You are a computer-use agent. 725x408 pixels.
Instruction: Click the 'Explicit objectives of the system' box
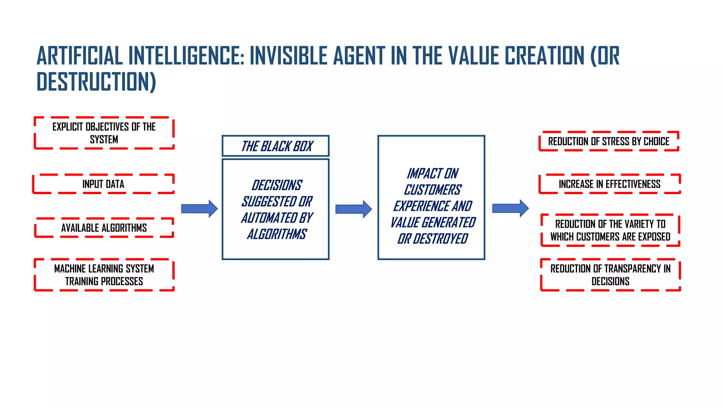pos(104,133)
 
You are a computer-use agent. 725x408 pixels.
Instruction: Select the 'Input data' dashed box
pos(103,184)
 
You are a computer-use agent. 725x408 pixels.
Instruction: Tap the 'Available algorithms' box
pos(104,228)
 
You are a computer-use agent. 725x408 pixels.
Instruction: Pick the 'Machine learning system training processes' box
pos(104,275)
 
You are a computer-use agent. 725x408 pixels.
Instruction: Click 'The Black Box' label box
pos(276,146)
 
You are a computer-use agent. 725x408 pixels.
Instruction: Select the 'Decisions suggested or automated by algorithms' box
pos(276,209)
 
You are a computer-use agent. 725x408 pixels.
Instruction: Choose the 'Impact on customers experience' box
pos(431,198)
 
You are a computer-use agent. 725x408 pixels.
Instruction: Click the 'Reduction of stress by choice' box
pos(609,141)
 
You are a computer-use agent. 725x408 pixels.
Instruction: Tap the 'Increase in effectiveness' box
pos(610,184)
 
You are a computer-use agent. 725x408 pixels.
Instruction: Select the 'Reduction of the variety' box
pos(610,230)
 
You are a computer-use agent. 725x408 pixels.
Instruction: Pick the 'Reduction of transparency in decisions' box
pos(610,275)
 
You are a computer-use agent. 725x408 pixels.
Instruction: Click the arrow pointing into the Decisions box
pos(199,209)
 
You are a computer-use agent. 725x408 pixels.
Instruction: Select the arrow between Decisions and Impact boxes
pos(353,209)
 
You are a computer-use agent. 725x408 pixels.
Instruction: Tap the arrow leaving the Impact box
pos(510,208)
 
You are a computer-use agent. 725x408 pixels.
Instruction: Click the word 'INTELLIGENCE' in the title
pos(186,56)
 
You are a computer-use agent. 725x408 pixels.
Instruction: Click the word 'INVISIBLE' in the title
pos(289,56)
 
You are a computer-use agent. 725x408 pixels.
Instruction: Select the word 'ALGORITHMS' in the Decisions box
pos(277,234)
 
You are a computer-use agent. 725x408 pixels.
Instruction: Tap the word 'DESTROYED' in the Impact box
pos(440,239)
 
